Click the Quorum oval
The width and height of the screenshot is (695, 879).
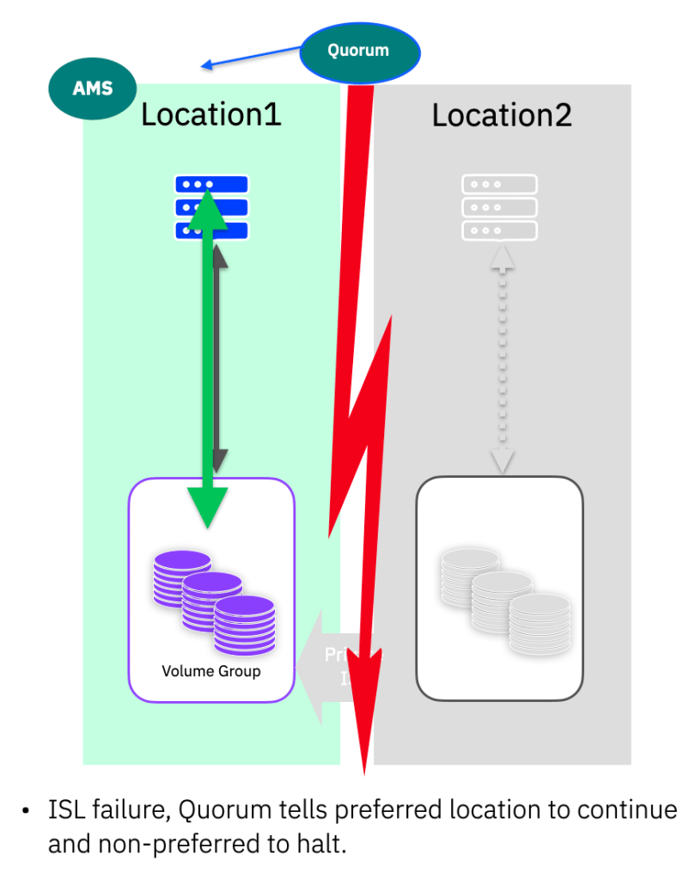[x=360, y=52]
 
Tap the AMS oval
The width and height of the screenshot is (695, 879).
[x=93, y=88]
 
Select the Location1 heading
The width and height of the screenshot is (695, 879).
[x=210, y=114]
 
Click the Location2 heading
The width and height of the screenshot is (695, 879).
[x=502, y=114]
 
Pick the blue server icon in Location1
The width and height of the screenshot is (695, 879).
[x=211, y=207]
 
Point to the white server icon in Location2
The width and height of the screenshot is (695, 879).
[x=499, y=207]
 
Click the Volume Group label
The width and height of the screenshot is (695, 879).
[x=210, y=671]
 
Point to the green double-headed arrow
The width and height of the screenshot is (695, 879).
[x=208, y=361]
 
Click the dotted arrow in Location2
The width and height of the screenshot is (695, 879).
[x=502, y=361]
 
